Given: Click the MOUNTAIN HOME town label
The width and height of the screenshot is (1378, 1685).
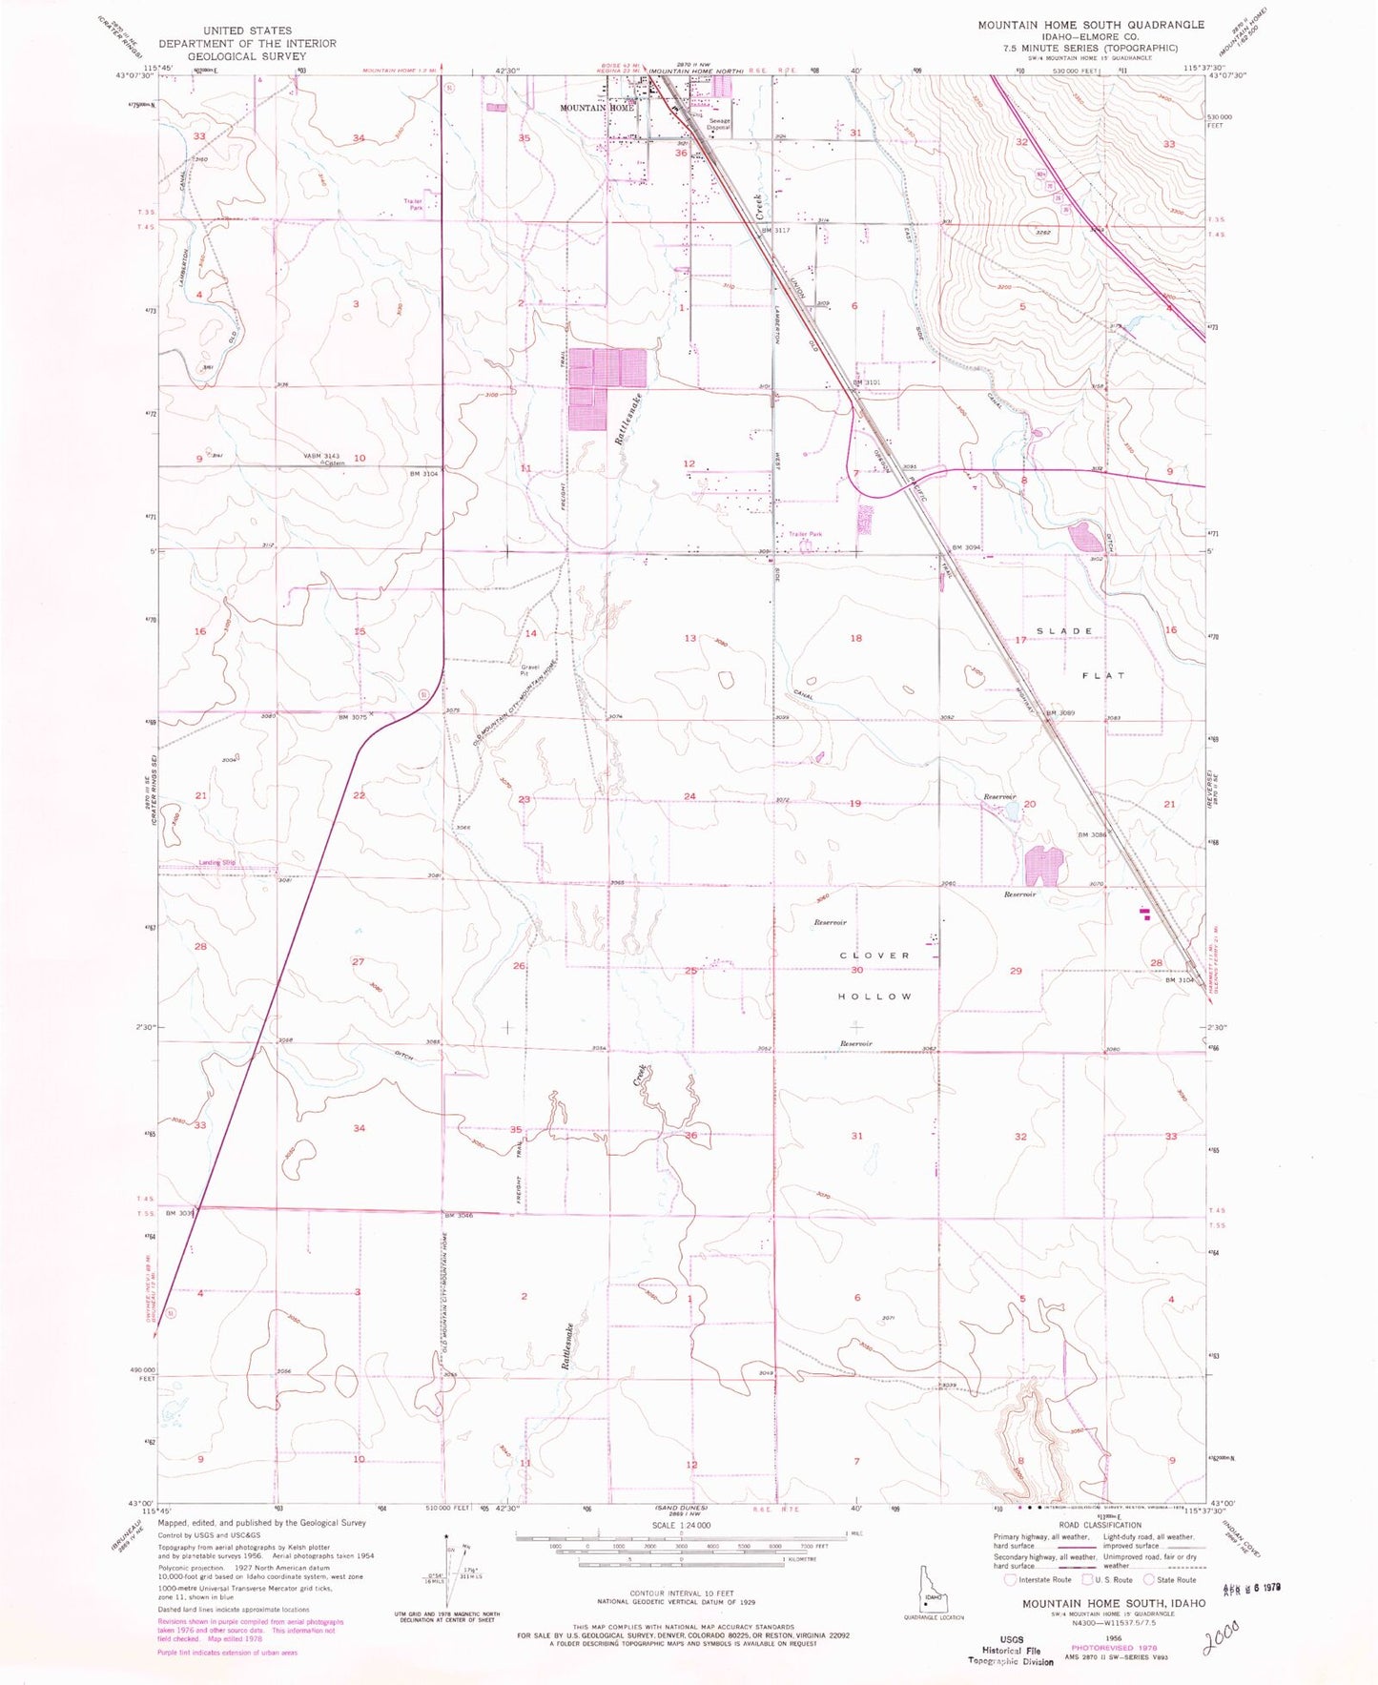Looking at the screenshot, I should [x=596, y=108].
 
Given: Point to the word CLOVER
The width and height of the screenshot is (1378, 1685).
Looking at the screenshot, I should [x=875, y=956].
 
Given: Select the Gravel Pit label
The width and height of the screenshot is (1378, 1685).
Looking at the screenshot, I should [x=529, y=670].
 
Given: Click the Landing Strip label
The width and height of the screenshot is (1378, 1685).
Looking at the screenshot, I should [x=217, y=863].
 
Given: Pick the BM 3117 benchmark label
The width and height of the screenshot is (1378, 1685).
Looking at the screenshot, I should [x=776, y=230].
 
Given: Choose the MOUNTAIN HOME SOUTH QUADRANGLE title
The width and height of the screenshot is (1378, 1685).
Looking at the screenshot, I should [x=1090, y=25].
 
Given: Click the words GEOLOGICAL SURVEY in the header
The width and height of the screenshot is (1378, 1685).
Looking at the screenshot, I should [x=247, y=55].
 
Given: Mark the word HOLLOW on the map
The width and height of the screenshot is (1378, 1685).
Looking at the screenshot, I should [x=875, y=997].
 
